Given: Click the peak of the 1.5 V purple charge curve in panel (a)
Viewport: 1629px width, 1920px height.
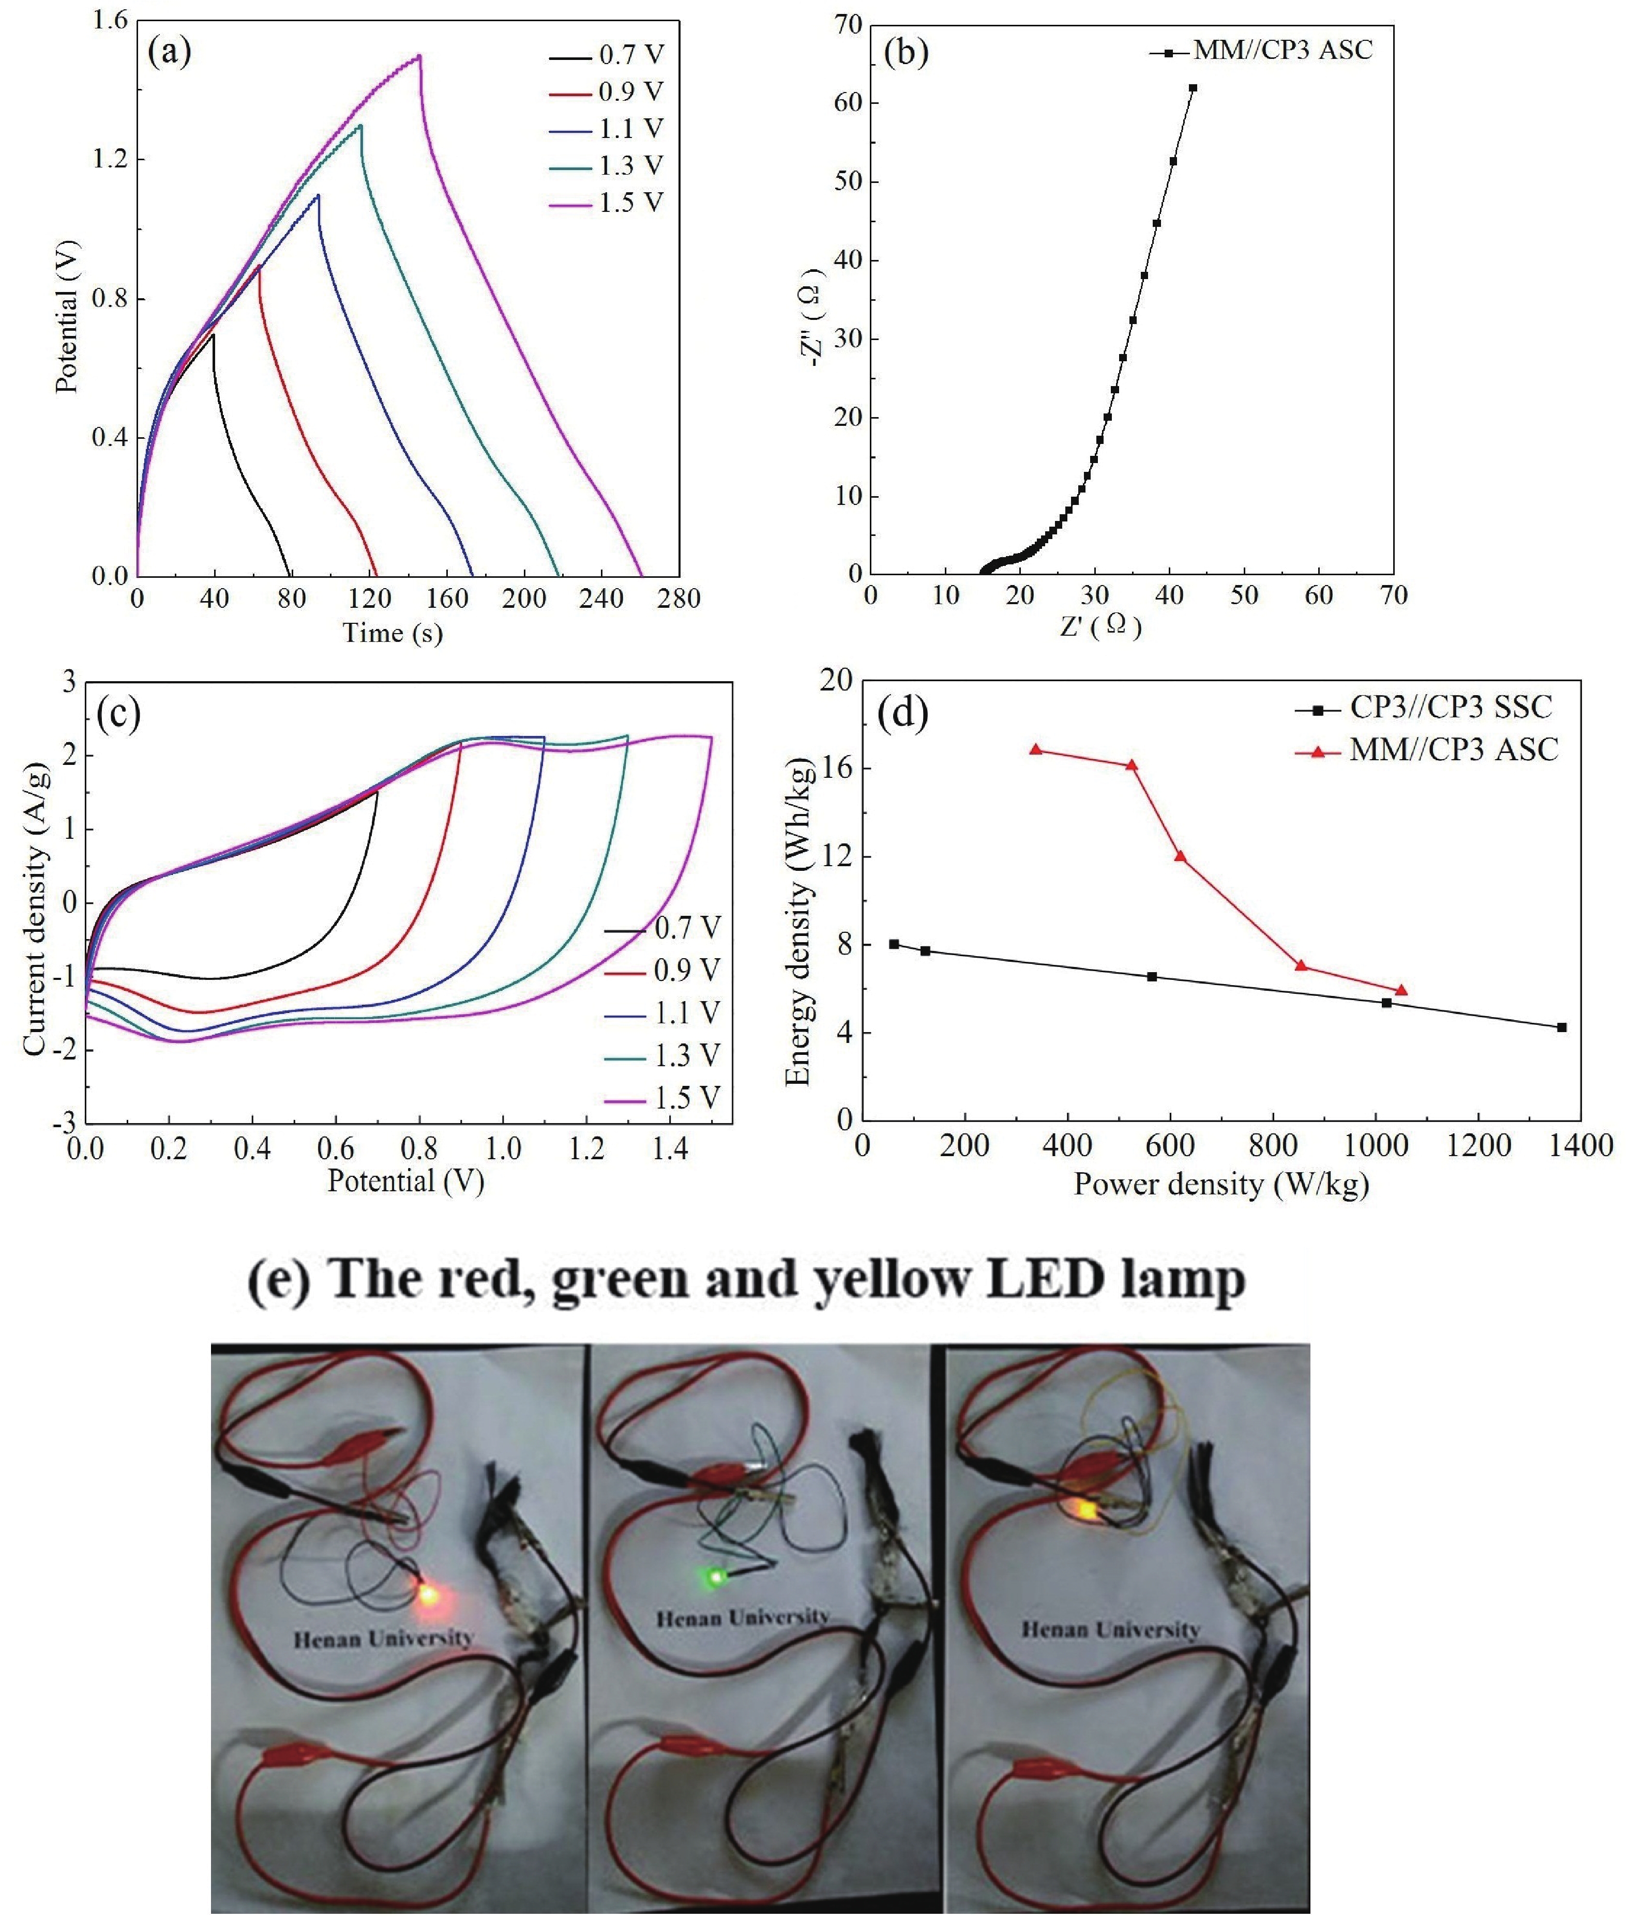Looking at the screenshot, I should pos(420,55).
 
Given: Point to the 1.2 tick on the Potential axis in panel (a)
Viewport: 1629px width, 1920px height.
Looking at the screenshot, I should pos(109,160).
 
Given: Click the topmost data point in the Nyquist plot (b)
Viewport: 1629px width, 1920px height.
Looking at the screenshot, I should pos(1192,88).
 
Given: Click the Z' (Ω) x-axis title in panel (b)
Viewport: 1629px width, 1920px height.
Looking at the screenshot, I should pos(1101,627).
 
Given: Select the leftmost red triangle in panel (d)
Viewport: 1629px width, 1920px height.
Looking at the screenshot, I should pos(1036,749).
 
